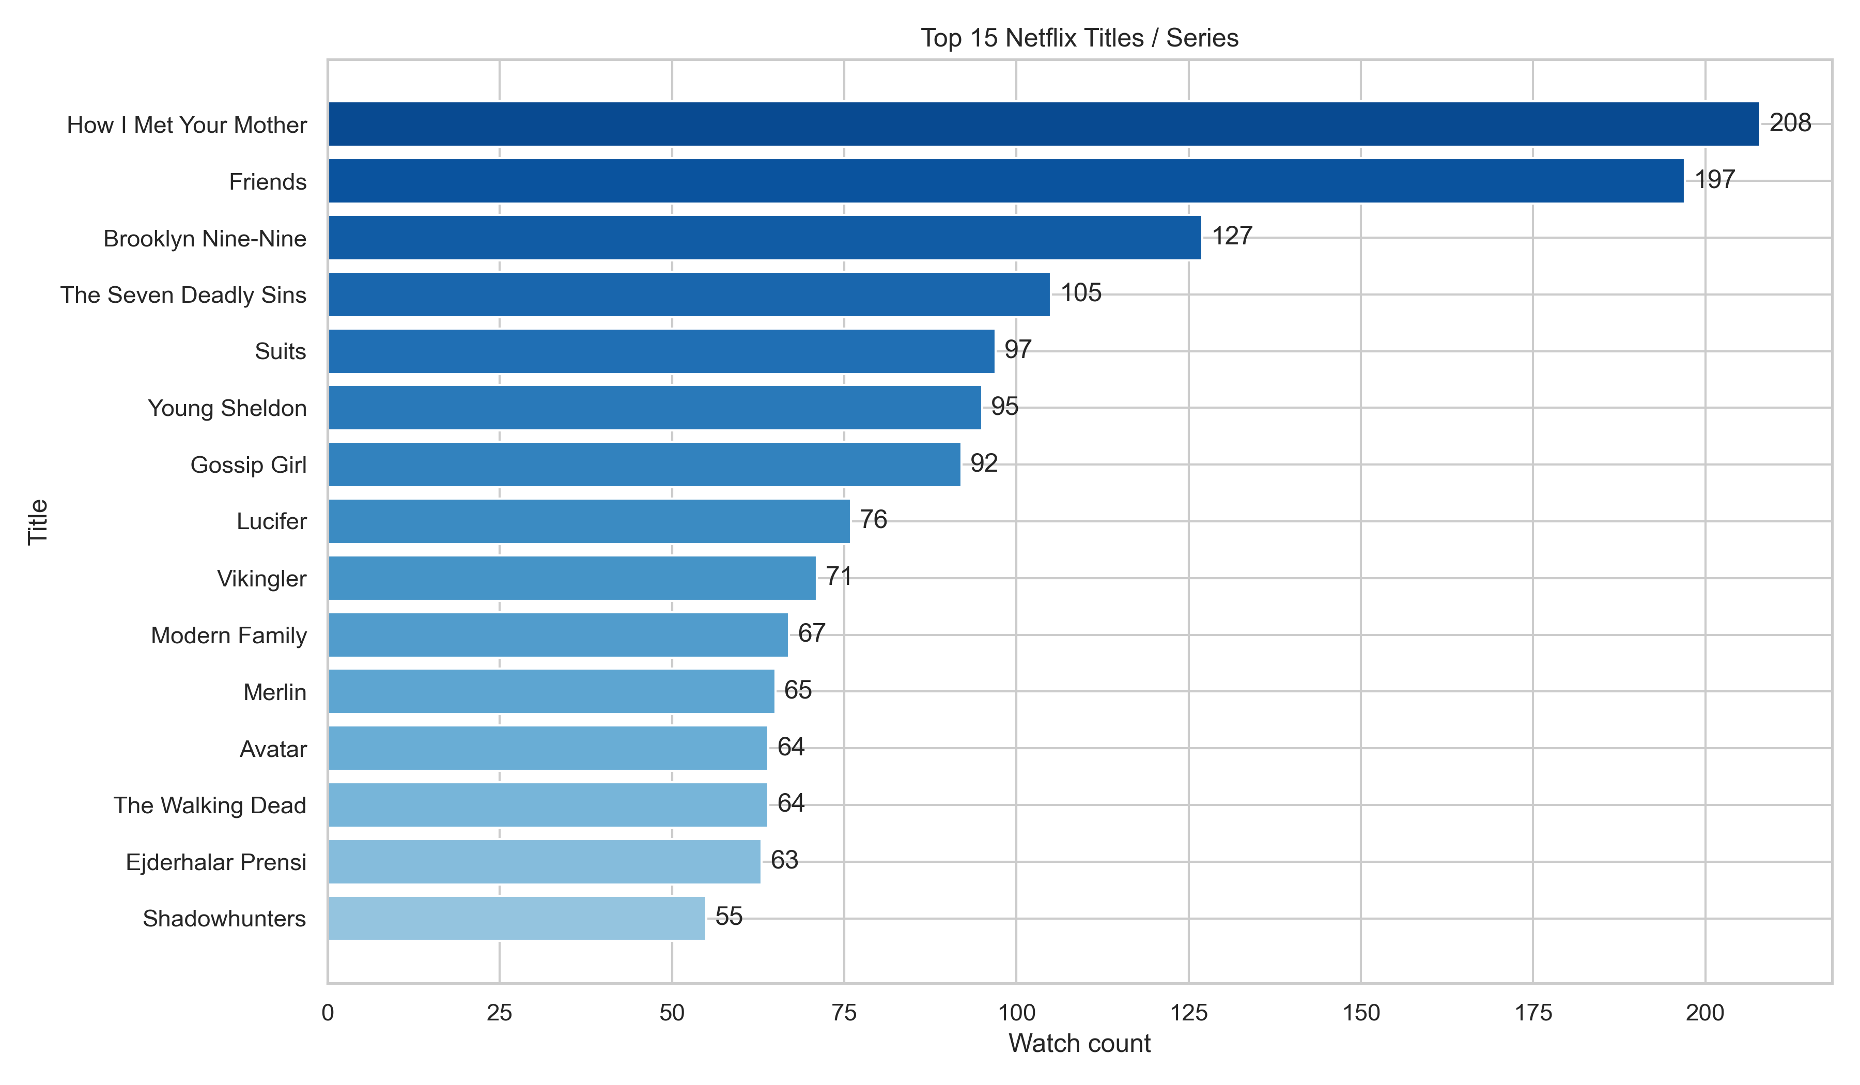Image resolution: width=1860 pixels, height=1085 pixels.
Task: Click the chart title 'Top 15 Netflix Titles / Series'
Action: (x=1079, y=38)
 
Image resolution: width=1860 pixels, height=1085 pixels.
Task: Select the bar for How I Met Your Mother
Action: (x=1043, y=124)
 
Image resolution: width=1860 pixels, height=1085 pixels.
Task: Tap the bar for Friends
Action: (x=1005, y=181)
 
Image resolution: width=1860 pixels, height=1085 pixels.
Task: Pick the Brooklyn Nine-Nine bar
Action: (x=764, y=238)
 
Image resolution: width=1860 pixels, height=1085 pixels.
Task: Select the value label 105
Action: (x=1081, y=293)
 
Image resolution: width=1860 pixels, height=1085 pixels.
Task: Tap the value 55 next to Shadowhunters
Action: (x=729, y=917)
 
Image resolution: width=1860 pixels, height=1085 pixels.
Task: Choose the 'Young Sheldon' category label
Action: (x=227, y=408)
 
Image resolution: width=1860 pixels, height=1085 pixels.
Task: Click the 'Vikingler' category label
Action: (x=261, y=579)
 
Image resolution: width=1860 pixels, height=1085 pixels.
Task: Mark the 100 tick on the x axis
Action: (x=1016, y=1013)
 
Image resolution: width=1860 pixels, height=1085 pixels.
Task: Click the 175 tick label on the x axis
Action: (x=1533, y=1013)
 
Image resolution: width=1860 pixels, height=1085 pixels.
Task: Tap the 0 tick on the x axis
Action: (x=328, y=1013)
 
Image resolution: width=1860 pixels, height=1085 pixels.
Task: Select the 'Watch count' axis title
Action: (x=1079, y=1044)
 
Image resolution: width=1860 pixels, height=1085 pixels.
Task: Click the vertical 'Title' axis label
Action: (x=38, y=522)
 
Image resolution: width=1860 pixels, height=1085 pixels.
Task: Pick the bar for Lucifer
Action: (x=589, y=521)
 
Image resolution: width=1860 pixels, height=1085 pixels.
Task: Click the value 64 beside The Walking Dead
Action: (x=791, y=803)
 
